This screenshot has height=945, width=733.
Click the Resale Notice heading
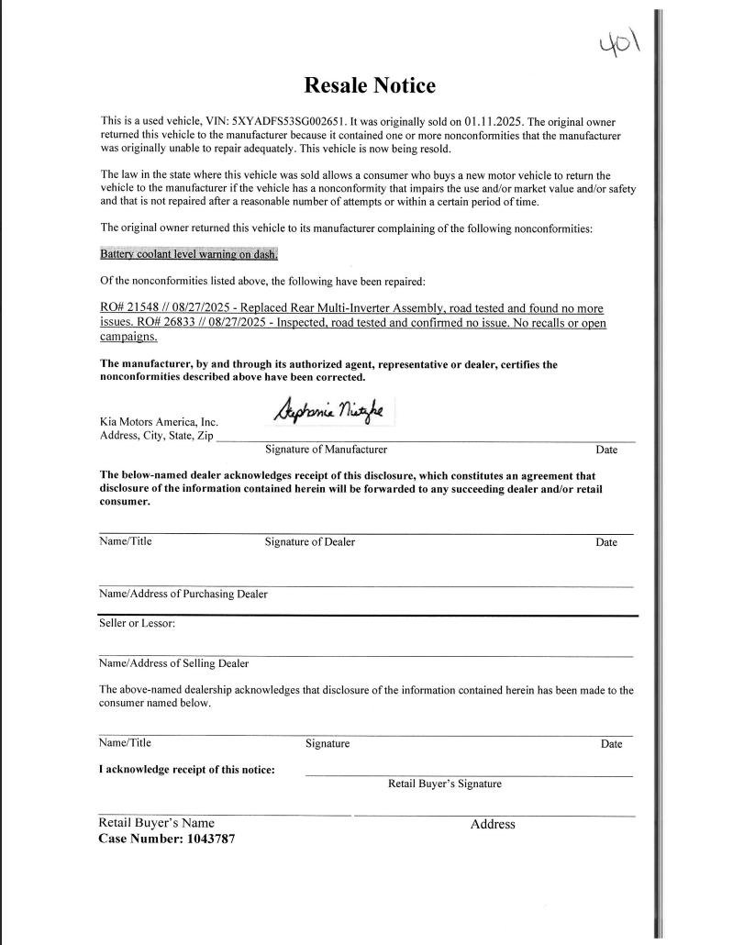[x=370, y=86]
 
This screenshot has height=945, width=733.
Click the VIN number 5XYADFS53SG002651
[x=284, y=122]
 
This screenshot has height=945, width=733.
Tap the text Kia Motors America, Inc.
[x=159, y=422]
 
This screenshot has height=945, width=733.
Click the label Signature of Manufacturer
[x=326, y=450]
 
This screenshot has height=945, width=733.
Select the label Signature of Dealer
[x=309, y=542]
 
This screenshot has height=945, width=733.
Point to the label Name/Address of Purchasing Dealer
[x=183, y=594]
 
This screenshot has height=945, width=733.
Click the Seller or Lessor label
[x=137, y=623]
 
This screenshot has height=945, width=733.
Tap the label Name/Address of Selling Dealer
[x=173, y=663]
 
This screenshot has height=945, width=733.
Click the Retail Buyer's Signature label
[x=445, y=784]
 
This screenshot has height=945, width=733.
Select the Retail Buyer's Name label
[x=156, y=823]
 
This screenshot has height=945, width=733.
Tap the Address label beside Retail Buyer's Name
[x=493, y=824]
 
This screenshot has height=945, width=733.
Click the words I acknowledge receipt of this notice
[x=186, y=769]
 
